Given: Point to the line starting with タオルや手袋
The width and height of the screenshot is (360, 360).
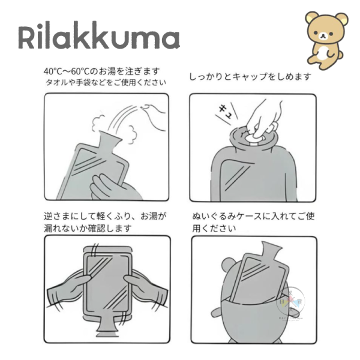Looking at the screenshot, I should point(106,82).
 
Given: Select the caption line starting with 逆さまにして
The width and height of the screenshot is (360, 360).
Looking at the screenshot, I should point(105,216).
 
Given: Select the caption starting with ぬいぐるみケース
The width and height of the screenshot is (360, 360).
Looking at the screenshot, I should point(252,216).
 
